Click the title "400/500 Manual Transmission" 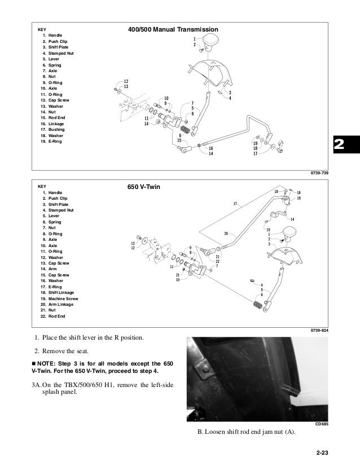click(x=174, y=29)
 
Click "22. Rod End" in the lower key click(x=53, y=316)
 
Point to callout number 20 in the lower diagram click(x=226, y=233)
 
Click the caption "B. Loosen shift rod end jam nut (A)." click(x=249, y=433)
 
